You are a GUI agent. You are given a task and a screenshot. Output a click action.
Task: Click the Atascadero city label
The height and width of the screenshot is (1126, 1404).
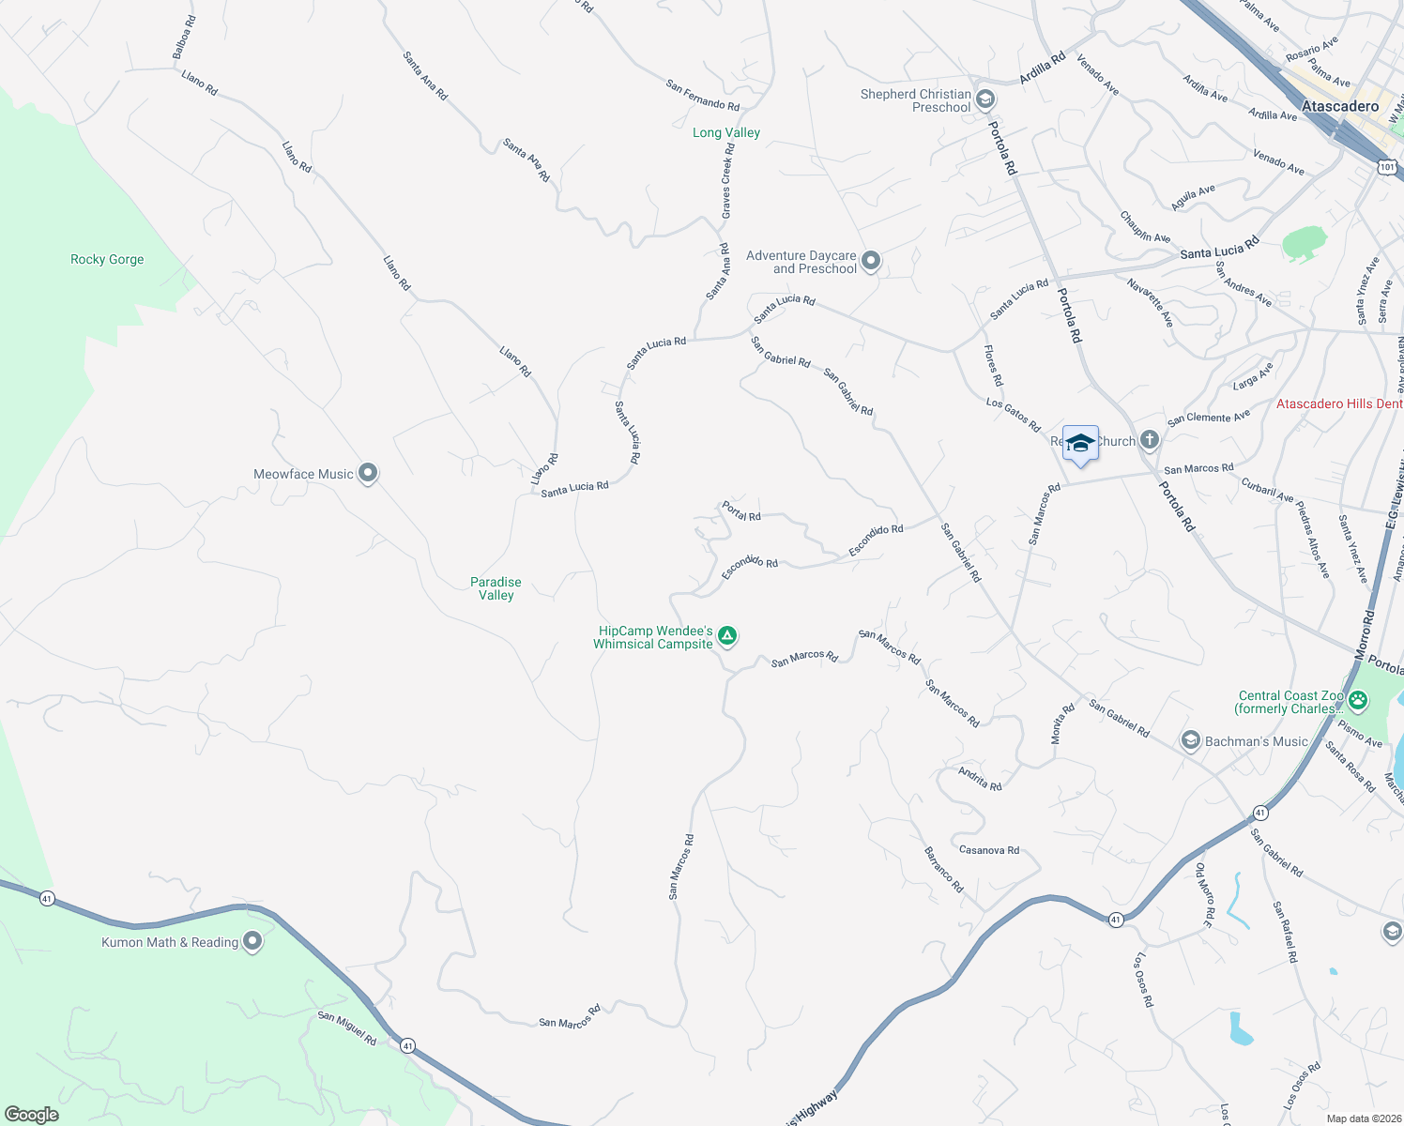pos(1340,106)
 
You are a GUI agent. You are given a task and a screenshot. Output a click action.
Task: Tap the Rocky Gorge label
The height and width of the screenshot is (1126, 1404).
pos(107,259)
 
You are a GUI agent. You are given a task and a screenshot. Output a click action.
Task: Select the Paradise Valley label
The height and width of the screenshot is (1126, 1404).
pos(496,588)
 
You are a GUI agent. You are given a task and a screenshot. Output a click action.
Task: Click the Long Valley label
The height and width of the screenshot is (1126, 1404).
pos(726,132)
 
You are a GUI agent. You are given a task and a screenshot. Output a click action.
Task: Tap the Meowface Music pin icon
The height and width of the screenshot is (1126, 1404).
pos(368,474)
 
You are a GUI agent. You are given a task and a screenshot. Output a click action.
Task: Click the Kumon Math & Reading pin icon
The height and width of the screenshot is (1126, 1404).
pos(252,941)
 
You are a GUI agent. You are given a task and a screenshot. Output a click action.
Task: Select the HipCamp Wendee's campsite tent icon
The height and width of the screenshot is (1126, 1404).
pos(727,637)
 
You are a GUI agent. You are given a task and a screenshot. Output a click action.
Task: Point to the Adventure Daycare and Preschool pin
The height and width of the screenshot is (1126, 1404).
pos(871,261)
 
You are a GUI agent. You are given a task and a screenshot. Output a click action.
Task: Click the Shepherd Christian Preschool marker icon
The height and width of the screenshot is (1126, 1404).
pos(985,99)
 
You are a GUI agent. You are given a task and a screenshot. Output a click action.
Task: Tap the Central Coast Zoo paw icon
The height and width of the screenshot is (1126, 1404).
pos(1358,700)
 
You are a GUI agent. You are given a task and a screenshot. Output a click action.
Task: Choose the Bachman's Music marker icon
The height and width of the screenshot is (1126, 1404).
pos(1190,741)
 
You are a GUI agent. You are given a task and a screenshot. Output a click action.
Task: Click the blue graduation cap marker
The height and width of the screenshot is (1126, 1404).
pos(1080,444)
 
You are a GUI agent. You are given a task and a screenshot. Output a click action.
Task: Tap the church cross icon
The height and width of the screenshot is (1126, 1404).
pos(1150,441)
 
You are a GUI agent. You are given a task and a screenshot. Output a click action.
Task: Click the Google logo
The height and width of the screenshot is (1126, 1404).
pos(32,1115)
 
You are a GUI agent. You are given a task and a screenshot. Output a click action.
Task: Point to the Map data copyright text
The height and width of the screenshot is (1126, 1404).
pos(1364,1118)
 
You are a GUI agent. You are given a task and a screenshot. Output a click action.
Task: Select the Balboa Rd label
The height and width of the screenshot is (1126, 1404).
pos(184,38)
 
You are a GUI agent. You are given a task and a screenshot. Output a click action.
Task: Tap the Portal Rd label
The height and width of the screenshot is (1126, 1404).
pos(741,511)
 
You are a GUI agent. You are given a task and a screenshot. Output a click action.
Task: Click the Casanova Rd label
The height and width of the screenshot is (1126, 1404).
pos(989,850)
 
